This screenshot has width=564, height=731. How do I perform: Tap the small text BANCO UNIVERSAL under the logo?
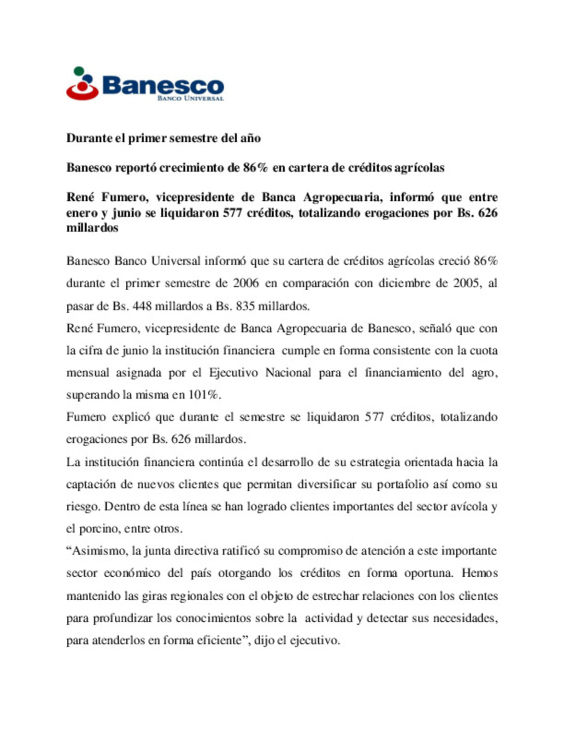tap(190, 98)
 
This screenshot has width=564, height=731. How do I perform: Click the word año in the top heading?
tap(250, 139)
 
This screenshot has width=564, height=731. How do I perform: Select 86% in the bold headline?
tap(255, 168)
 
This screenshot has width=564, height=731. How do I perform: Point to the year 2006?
tap(245, 283)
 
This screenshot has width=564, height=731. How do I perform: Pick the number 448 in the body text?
tap(142, 306)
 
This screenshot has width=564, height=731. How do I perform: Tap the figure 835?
tap(245, 306)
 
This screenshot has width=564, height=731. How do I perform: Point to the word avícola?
tap(469, 507)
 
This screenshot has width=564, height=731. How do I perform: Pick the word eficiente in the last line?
tap(219, 641)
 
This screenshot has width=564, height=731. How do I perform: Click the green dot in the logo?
tap(79, 71)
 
